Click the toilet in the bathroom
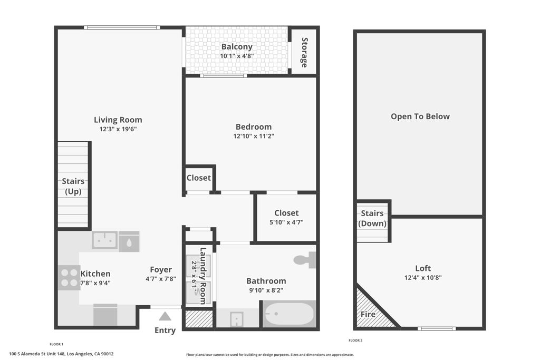point(304,259)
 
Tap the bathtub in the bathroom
point(289,314)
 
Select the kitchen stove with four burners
point(69,278)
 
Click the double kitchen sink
point(105,240)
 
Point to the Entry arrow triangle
point(165,316)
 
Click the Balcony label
point(237,46)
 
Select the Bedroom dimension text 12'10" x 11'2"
point(254,136)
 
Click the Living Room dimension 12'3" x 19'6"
point(118,129)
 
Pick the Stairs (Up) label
point(73,187)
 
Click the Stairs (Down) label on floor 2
point(372,218)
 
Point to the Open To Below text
point(420,116)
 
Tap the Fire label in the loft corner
point(368,315)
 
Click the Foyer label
point(161,270)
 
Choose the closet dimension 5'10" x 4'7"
point(286,222)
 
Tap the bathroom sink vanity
point(237,319)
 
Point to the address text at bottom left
point(62,354)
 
